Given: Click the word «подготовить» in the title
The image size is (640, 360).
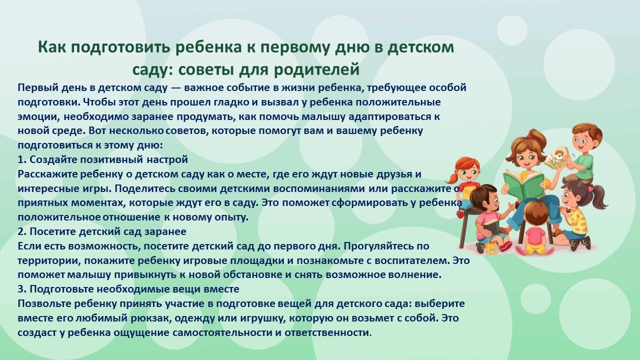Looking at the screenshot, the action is (x=120, y=47).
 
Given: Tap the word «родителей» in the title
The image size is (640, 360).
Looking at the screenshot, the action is (x=316, y=69).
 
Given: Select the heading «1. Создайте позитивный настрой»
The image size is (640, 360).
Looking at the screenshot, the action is (x=103, y=159).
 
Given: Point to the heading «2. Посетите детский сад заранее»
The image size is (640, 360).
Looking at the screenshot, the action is (x=102, y=231).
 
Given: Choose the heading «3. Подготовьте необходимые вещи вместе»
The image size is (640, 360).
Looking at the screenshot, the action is (x=128, y=289).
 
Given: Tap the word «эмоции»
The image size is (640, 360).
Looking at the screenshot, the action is (x=39, y=117).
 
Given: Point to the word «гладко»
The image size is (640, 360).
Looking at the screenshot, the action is (x=231, y=102).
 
